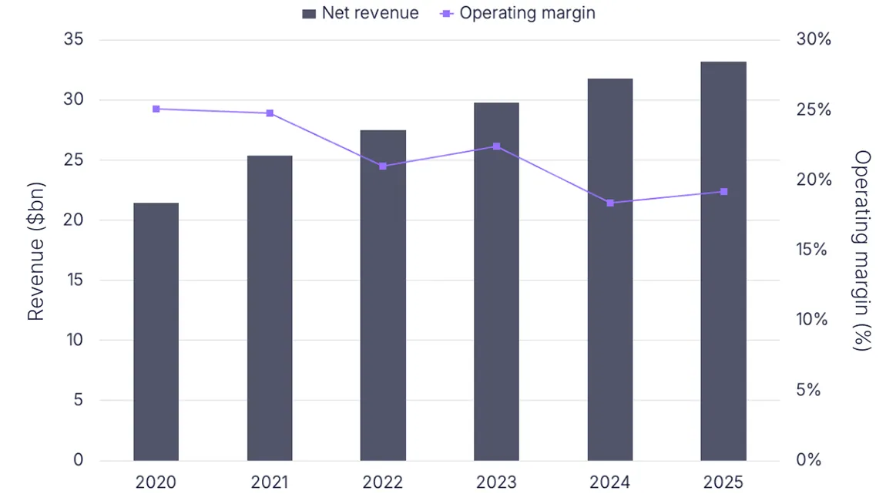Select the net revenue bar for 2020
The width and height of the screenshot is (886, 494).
pyautogui.click(x=156, y=331)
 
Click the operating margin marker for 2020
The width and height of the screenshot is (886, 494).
pyautogui.click(x=156, y=109)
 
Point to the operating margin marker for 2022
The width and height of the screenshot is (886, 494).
pyautogui.click(x=383, y=166)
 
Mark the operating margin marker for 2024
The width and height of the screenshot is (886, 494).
pyautogui.click(x=610, y=203)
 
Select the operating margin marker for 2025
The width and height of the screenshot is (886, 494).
pyautogui.click(x=723, y=191)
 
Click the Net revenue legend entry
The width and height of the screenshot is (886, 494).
pyautogui.click(x=361, y=13)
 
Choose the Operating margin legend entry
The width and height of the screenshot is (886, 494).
pyautogui.click(x=518, y=13)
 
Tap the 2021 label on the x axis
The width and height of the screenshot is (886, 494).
pyautogui.click(x=270, y=482)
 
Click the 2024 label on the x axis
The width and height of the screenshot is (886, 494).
pyautogui.click(x=610, y=482)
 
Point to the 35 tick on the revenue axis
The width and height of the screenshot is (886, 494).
pyautogui.click(x=74, y=39)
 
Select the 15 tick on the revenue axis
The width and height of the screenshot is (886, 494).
pyautogui.click(x=74, y=280)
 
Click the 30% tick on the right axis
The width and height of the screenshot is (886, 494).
pyautogui.click(x=813, y=39)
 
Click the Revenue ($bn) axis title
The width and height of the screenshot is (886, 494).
pyautogui.click(x=35, y=250)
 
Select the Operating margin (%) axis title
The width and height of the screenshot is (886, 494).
pyautogui.click(x=862, y=250)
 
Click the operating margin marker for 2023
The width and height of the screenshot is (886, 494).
pyautogui.click(x=496, y=146)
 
